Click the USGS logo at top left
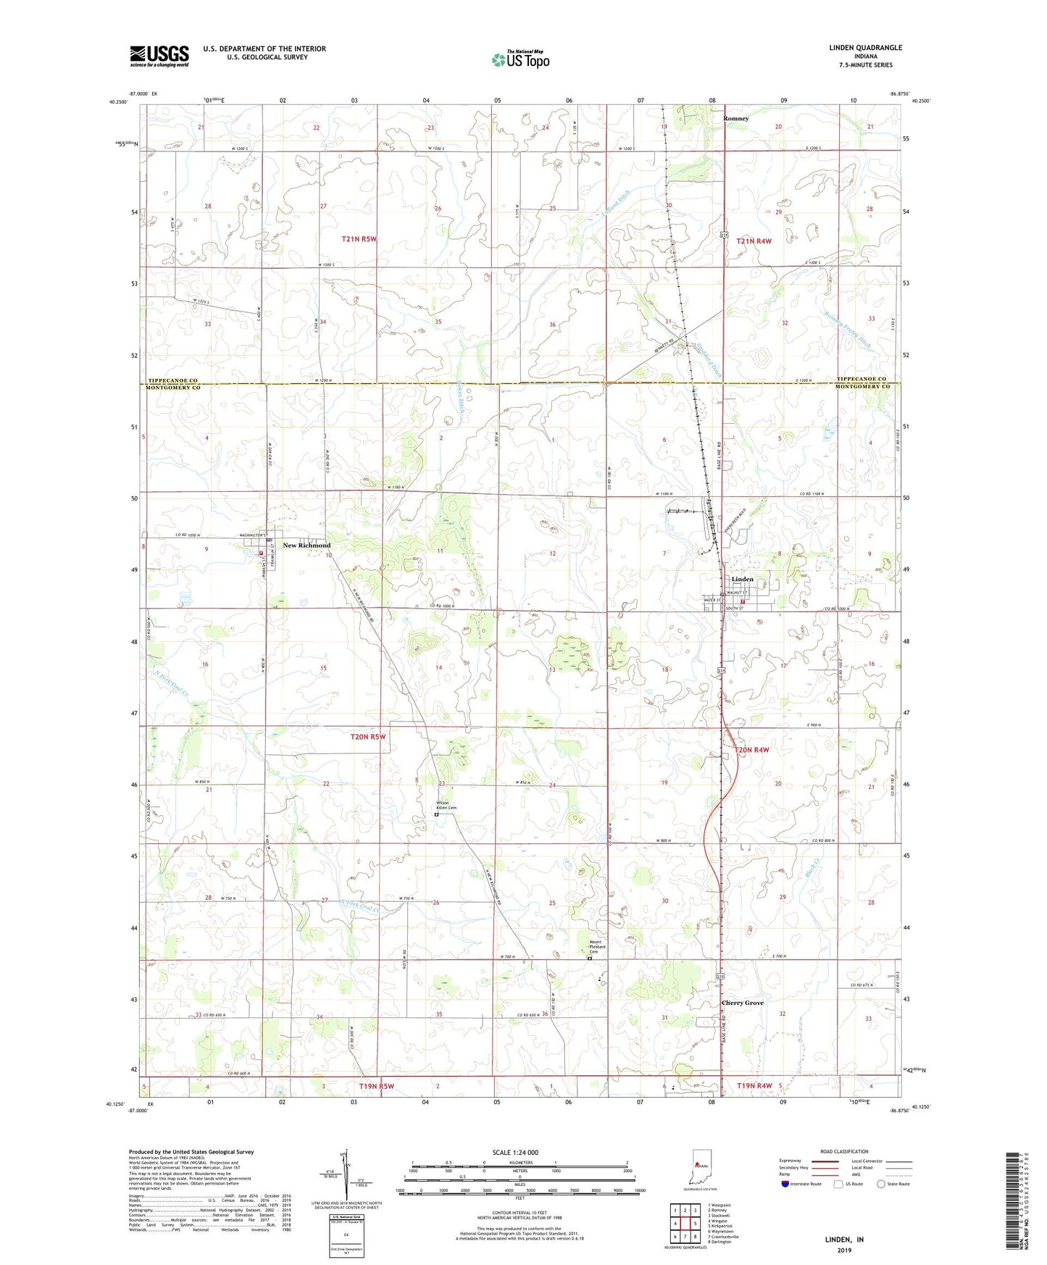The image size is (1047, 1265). pyautogui.click(x=159, y=56)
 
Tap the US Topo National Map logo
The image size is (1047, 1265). pyautogui.click(x=520, y=59)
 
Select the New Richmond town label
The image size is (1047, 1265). pyautogui.click(x=306, y=545)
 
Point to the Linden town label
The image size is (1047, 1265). pyautogui.click(x=742, y=579)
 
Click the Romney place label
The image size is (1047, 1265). pyautogui.click(x=736, y=118)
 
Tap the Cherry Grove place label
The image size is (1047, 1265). pyautogui.click(x=742, y=1003)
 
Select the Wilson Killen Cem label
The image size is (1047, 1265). pyautogui.click(x=442, y=805)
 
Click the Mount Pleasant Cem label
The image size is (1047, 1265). pyautogui.click(x=597, y=946)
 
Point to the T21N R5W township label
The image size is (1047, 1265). pyautogui.click(x=359, y=239)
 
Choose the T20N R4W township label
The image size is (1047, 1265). pyautogui.click(x=752, y=750)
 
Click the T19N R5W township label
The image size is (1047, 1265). pyautogui.click(x=376, y=1086)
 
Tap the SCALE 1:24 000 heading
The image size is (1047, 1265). pyautogui.click(x=515, y=1152)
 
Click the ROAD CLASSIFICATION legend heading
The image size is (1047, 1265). pyautogui.click(x=844, y=1151)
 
